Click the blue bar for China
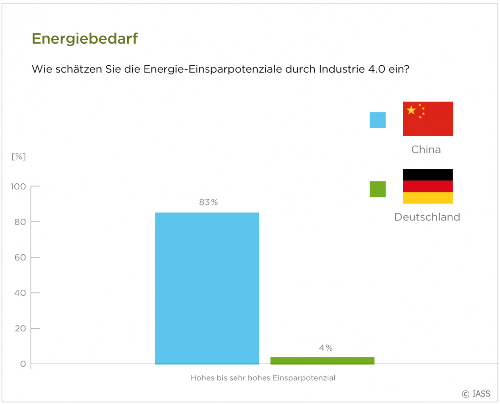[207, 288]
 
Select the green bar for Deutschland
[322, 361]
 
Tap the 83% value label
[208, 202]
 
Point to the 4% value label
[326, 348]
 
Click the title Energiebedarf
[85, 39]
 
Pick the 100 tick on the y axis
[19, 187]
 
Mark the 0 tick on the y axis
[23, 364]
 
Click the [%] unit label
[19, 157]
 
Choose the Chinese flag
[428, 119]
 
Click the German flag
[428, 186]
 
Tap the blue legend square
[378, 120]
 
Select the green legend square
[378, 189]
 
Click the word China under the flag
[426, 149]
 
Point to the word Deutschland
[427, 217]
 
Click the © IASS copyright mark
[476, 393]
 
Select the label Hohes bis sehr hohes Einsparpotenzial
[263, 378]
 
